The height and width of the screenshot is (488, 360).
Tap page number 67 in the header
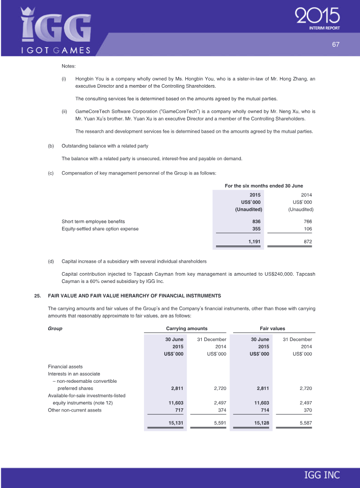pos(335,44)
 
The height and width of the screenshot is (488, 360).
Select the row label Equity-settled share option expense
pos(100,229)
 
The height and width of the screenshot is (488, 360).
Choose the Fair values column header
pos(272,328)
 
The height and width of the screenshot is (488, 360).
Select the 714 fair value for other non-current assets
pos(263,410)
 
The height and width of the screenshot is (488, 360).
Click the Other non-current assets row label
pos(75,410)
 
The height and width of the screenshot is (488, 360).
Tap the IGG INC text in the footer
pos(322,475)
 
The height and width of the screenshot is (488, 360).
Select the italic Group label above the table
pos(55,328)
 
